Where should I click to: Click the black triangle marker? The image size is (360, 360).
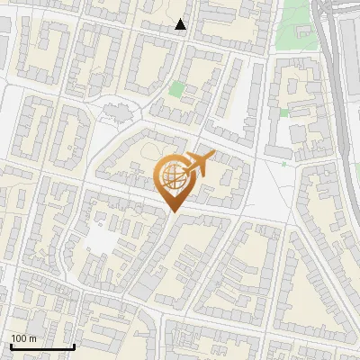[x=181, y=24]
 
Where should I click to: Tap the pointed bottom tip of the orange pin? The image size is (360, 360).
[x=172, y=212]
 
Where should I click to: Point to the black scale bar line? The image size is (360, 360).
[x=42, y=347]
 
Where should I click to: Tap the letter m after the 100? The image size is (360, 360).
[x=33, y=338]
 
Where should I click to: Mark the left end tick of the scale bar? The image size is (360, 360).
[x=11, y=346]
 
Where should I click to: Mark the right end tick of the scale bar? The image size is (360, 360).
[x=74, y=346]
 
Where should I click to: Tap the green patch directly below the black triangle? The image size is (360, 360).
[x=177, y=89]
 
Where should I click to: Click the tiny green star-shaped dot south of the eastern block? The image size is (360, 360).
[x=283, y=164]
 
